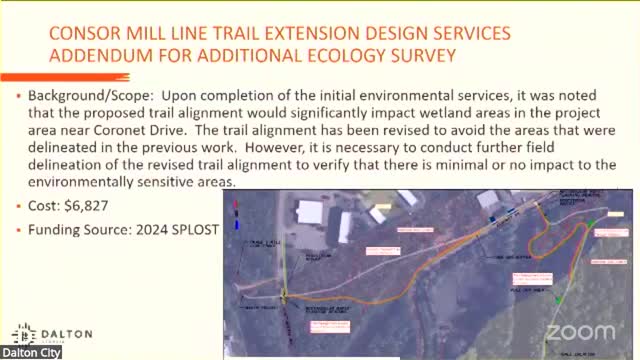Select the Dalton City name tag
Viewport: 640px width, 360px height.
30,353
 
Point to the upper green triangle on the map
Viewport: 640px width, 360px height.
591,222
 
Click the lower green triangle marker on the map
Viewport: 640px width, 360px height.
559,299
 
